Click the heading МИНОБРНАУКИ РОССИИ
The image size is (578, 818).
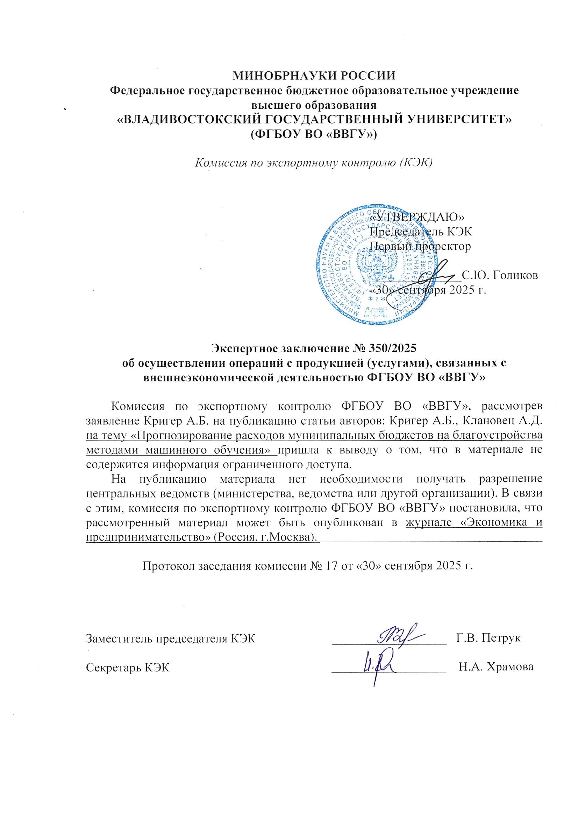pos(314,76)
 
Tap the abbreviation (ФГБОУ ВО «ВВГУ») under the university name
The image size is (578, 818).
pos(314,135)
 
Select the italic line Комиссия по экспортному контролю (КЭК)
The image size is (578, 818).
pos(314,163)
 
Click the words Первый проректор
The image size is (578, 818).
pos(420,246)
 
